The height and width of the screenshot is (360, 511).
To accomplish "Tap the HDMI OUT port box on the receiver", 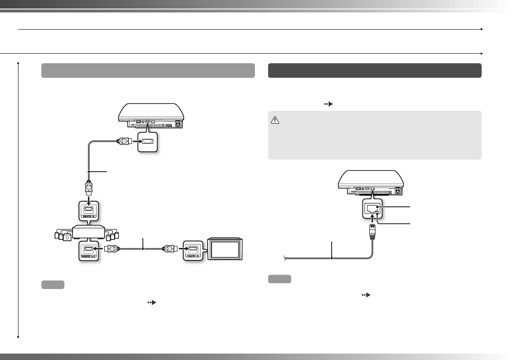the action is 88,251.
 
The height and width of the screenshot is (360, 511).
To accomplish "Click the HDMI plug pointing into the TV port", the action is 168,249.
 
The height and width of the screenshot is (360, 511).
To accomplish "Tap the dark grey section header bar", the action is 375,70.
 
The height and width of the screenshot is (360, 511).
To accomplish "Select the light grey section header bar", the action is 148,70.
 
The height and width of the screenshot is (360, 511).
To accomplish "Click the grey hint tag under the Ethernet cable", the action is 279,279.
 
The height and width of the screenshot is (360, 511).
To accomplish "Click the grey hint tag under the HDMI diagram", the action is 53,284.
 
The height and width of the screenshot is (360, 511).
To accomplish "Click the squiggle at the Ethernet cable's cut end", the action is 284,258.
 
